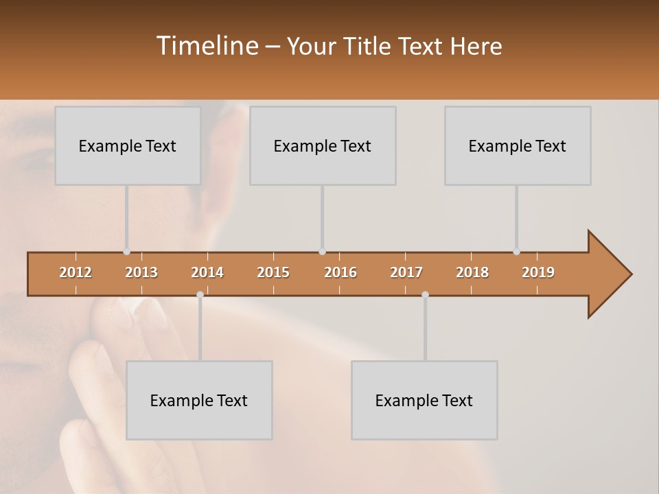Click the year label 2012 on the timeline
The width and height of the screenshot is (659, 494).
tap(76, 272)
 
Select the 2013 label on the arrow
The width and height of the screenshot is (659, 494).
tap(141, 272)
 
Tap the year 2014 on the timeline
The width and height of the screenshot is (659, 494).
tap(207, 272)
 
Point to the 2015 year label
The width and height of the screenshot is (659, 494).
tap(273, 272)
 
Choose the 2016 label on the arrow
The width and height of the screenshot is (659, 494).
tap(340, 272)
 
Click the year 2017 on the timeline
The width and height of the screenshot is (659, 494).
tap(406, 272)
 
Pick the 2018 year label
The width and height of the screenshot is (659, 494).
tap(472, 272)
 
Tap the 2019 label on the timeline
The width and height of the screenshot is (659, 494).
tap(538, 272)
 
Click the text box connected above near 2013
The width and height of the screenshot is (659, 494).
tap(128, 145)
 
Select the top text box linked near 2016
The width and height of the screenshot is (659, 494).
tap(323, 145)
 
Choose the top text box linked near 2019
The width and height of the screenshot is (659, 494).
tap(518, 145)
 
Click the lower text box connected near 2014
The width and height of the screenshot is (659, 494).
tap(199, 400)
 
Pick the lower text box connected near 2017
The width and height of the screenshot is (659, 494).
tap(424, 400)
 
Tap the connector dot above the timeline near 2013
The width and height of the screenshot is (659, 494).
tap(126, 252)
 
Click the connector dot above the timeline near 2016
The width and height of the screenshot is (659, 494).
tap(322, 252)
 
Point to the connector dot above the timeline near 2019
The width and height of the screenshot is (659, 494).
tap(516, 252)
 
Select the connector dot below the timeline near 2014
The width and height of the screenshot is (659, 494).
tap(200, 294)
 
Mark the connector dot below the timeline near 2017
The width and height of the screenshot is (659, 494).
tap(425, 294)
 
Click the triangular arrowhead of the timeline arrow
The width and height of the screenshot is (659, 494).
tap(608, 274)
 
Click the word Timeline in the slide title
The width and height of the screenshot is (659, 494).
tap(206, 46)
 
